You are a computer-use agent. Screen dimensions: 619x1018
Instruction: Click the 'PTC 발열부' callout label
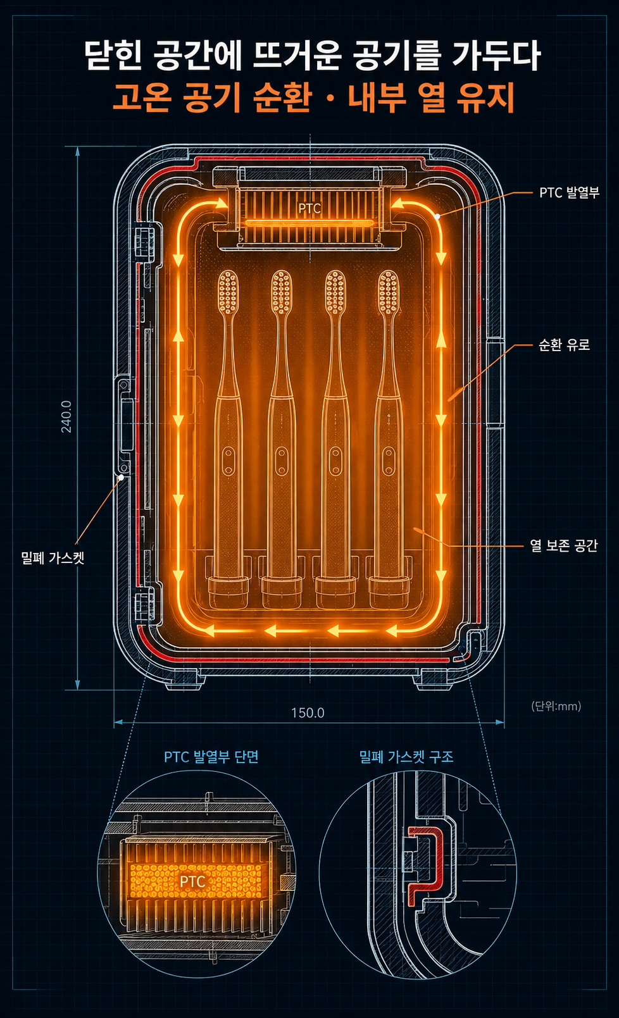[x=569, y=193]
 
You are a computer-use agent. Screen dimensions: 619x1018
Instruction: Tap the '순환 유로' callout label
[x=564, y=345]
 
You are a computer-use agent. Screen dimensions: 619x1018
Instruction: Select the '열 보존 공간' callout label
[x=563, y=545]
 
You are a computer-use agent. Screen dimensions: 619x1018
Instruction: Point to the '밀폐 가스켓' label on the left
[x=53, y=557]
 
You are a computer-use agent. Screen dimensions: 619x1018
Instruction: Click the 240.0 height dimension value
[x=66, y=416]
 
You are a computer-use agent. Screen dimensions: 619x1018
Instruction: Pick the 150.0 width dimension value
[x=308, y=712]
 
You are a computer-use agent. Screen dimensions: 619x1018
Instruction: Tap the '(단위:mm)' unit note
[x=556, y=706]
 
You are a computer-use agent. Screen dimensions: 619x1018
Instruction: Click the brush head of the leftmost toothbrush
[x=228, y=291]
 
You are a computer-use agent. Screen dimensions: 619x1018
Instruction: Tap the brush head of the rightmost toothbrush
[x=389, y=291]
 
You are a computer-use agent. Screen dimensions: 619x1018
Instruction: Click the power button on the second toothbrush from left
[x=282, y=461]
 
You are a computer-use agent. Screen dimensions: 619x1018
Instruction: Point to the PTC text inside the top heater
[x=309, y=209]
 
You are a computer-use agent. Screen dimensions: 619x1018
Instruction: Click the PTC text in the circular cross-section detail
[x=192, y=882]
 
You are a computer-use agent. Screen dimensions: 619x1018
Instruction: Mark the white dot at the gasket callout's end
[x=121, y=478]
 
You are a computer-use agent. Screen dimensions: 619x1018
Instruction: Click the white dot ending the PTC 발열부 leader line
[x=437, y=216]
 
